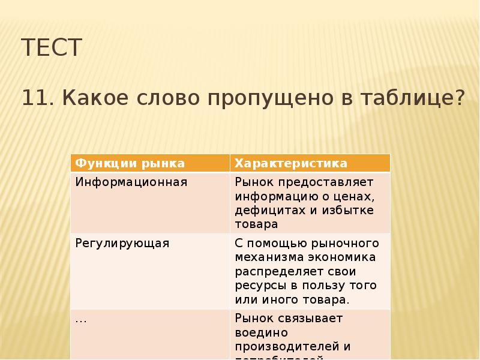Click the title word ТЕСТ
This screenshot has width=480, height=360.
tap(51, 48)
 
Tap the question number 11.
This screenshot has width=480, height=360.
tap(38, 97)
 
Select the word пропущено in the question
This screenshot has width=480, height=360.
tap(273, 97)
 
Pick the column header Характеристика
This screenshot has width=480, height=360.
tap(290, 163)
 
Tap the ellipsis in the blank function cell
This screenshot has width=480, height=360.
tap(80, 319)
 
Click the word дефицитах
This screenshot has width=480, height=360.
tap(263, 210)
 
